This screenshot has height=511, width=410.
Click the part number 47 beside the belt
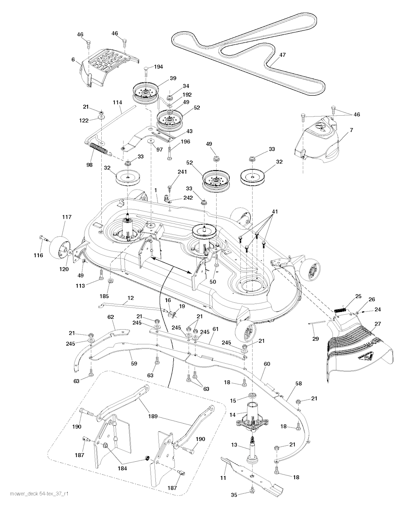[x=282, y=55]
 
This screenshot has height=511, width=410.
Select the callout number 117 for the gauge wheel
[x=66, y=217]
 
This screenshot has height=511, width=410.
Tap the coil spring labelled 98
[x=98, y=148]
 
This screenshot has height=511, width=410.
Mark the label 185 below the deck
[x=104, y=296]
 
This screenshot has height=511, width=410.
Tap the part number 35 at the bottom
[x=234, y=495]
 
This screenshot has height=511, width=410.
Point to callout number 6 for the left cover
[x=73, y=59]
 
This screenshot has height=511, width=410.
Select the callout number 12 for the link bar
[x=131, y=298]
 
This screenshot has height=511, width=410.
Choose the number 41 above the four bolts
[x=274, y=211]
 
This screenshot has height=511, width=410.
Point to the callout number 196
[x=185, y=141]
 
